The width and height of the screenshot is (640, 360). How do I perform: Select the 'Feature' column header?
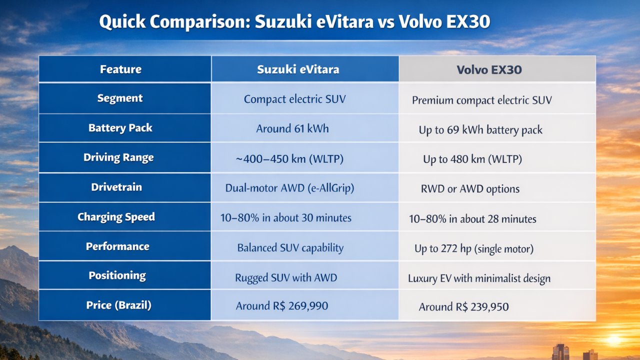point(120,69)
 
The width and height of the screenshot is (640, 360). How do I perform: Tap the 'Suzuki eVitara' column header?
point(298,69)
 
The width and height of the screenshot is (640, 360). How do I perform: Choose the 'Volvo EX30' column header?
point(489,69)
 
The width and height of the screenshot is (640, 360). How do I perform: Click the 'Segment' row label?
point(120,98)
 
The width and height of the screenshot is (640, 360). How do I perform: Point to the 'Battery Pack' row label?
point(120,128)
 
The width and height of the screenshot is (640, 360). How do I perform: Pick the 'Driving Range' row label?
point(119,157)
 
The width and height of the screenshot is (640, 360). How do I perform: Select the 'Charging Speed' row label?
point(116,217)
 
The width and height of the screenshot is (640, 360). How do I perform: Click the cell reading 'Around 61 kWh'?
point(292,128)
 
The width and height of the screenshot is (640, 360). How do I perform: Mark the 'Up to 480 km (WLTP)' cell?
point(472,159)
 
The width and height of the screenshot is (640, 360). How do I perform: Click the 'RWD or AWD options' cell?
point(470,189)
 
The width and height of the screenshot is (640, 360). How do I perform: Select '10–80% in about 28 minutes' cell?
point(472,219)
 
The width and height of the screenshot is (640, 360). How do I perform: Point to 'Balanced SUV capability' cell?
point(290,247)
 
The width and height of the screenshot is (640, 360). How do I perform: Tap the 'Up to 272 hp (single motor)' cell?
point(474,248)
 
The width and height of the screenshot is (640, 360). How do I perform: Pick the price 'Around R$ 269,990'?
point(282,305)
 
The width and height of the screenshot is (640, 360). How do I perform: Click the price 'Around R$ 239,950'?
point(463,306)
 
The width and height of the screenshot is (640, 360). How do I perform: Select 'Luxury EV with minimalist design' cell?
point(479,278)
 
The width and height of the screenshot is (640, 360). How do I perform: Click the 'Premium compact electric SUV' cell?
point(482,100)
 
